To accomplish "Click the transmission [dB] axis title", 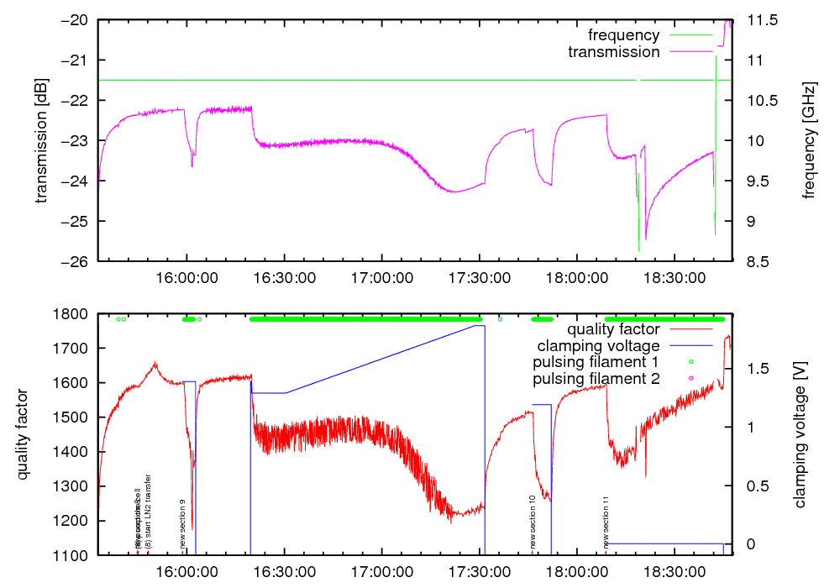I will point(41,140).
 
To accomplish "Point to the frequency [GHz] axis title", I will point(809,140).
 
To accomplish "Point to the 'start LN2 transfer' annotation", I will point(149,512).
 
